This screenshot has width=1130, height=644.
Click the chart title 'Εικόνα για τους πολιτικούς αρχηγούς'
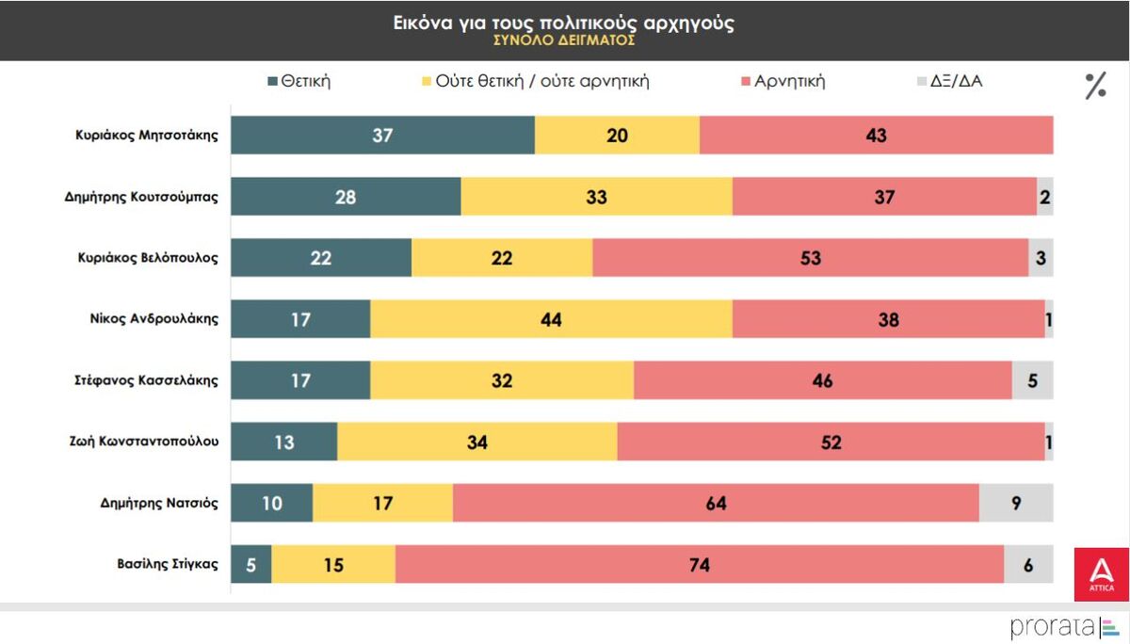point(563,24)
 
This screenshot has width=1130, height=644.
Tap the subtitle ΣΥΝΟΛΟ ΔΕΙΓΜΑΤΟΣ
point(563,41)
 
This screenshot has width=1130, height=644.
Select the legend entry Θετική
point(299,81)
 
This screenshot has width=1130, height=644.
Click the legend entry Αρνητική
point(783,81)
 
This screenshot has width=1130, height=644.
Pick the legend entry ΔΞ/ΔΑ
point(949,81)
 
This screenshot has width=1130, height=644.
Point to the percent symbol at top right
point(1095,86)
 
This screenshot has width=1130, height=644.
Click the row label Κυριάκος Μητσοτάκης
point(147,135)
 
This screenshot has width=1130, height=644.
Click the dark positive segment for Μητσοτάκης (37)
point(382,135)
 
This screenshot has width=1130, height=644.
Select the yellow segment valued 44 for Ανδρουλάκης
point(551,319)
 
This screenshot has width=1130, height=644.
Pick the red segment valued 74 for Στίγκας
point(699,565)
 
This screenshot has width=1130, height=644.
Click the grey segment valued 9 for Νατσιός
point(1016,503)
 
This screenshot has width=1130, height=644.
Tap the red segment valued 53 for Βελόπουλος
point(810,258)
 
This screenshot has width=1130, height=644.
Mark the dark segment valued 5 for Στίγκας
point(250,565)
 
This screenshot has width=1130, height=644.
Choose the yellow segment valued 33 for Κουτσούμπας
point(596,197)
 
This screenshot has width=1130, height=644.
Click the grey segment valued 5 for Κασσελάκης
point(1032,380)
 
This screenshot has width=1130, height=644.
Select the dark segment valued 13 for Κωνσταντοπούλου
point(283,442)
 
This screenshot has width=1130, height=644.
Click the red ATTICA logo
point(1101,574)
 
